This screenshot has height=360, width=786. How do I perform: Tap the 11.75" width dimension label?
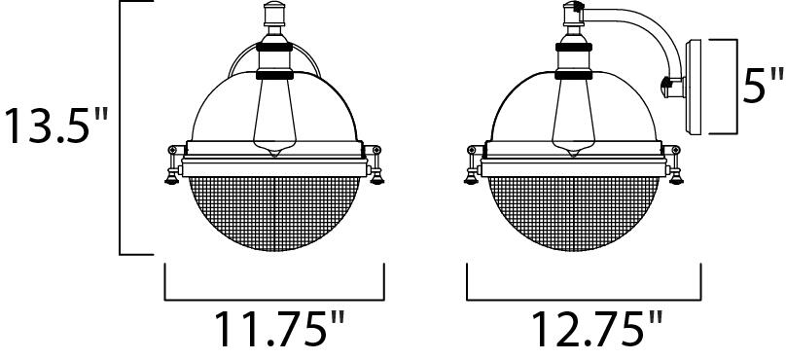274,330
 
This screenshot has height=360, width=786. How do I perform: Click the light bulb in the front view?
271,112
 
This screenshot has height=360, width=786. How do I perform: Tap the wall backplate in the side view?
697,86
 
